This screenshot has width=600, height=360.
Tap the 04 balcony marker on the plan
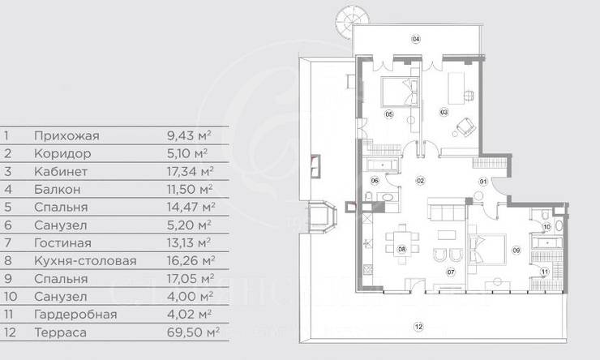tap(415, 38)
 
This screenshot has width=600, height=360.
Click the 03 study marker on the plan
tap(444, 111)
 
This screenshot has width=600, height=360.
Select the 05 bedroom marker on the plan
tap(389, 115)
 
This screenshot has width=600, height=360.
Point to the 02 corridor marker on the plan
tap(421, 179)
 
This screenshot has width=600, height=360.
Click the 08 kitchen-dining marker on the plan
tap(401, 250)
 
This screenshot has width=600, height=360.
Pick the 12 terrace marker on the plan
tap(418, 327)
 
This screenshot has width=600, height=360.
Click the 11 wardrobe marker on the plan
tap(545, 272)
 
